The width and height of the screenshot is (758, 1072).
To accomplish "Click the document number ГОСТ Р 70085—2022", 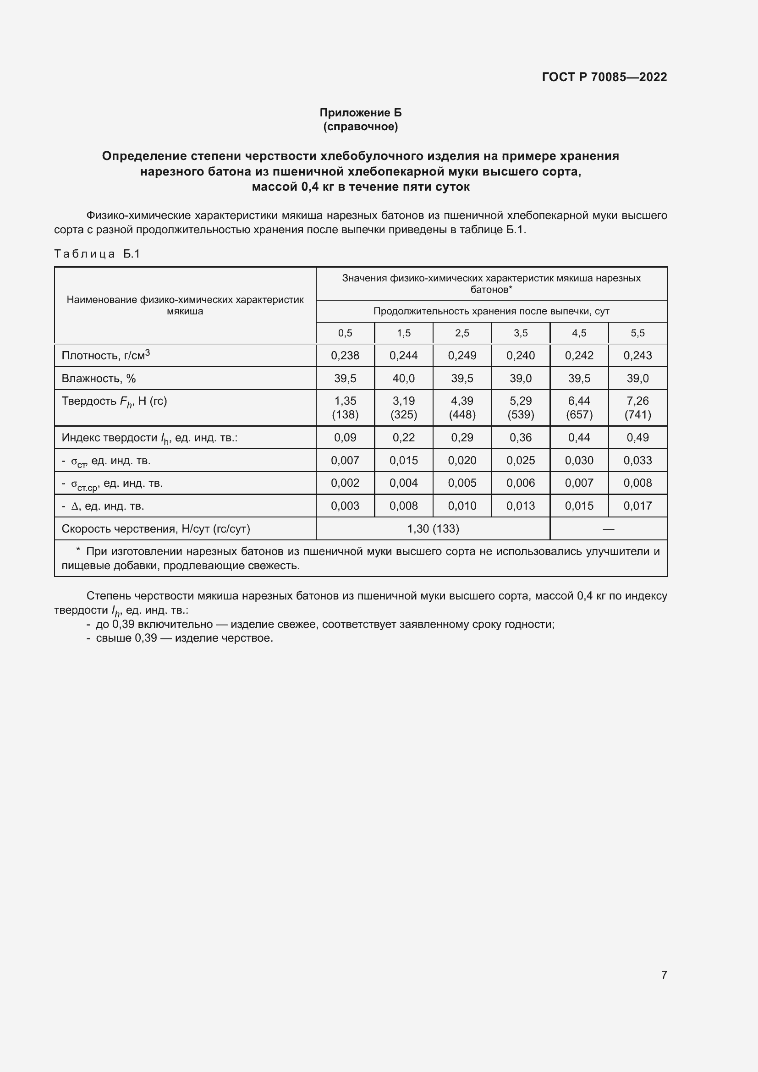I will pos(604,77).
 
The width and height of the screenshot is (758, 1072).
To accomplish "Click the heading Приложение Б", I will pos(360,113).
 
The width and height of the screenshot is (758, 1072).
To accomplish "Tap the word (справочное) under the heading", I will pos(360,126).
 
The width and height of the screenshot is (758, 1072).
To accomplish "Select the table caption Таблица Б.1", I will pos(97,253).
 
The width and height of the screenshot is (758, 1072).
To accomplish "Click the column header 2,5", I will pos(461,333).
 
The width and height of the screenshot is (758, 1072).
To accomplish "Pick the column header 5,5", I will pos(637,333).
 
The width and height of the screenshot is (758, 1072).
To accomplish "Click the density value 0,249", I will pos(461,355).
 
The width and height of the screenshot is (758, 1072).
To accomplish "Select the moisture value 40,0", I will pos(403,378).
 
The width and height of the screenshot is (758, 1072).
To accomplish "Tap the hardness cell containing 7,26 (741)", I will pos(637,407).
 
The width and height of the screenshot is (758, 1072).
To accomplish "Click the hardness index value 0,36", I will pos(521,438).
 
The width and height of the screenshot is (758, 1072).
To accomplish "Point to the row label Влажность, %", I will pos(99,378).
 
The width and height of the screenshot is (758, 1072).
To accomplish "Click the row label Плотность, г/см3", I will pos(105,355).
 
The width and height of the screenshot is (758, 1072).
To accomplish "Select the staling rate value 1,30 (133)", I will pos(433,528).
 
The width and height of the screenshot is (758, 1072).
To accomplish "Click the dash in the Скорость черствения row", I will pos(608,528).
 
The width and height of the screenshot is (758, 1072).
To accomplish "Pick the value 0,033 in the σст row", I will pos(637,460).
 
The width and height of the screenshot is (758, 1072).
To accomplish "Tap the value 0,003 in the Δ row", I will pos(345,506).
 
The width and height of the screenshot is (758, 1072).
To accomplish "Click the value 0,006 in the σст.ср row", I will pos(521,483).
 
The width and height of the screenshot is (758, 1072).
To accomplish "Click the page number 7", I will pos(664,975).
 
